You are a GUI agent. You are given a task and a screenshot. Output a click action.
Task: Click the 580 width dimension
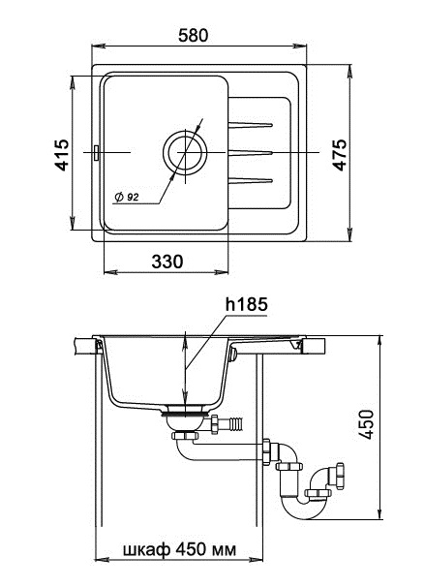click(193, 35)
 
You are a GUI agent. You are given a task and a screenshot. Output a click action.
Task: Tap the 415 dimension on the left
click(63, 155)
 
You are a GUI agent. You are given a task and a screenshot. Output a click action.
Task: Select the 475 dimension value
click(340, 155)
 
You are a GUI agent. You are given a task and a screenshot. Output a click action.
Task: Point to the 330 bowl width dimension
click(167, 262)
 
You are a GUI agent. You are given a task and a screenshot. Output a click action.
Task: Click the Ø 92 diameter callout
click(127, 197)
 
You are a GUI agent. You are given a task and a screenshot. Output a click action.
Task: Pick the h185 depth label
click(246, 304)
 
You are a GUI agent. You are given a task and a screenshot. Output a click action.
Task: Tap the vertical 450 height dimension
click(366, 424)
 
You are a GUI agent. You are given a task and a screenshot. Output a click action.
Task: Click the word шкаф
click(146, 550)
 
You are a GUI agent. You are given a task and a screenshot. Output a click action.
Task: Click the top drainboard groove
click(250, 125)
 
